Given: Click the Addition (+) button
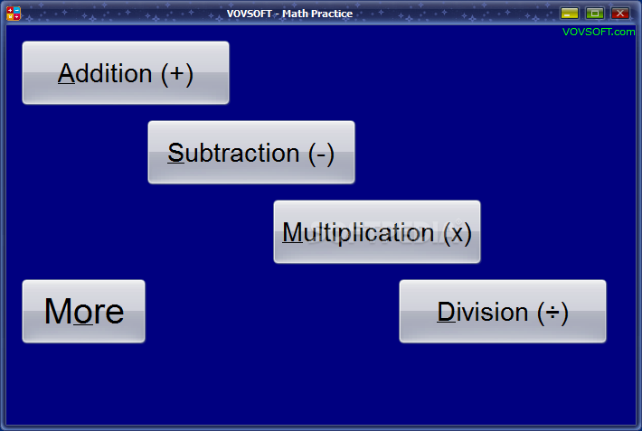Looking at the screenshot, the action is pyautogui.click(x=126, y=72).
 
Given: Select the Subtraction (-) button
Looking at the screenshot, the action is pyautogui.click(x=251, y=153).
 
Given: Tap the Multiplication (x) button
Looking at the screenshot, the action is pyautogui.click(x=377, y=231).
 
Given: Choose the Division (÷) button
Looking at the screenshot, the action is pyautogui.click(x=503, y=311).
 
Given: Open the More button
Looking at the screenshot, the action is pyautogui.click(x=83, y=311).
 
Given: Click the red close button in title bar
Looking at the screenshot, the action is pyautogui.click(x=620, y=13).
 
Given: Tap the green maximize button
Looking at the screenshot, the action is pyautogui.click(x=595, y=13).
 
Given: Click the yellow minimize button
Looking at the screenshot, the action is pyautogui.click(x=570, y=13).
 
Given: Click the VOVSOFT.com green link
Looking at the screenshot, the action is pyautogui.click(x=599, y=32).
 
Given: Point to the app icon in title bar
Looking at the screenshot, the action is pyautogui.click(x=14, y=13).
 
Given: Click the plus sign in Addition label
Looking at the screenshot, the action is pyautogui.click(x=177, y=74).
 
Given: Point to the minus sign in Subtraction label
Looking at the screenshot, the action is pyautogui.click(x=321, y=155).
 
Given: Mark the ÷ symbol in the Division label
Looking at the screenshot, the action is pyautogui.click(x=552, y=314).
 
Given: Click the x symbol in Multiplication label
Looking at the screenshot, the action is pyautogui.click(x=458, y=235).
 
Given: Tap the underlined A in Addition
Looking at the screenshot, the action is pyautogui.click(x=66, y=74).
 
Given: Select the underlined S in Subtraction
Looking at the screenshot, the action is pyautogui.click(x=176, y=154).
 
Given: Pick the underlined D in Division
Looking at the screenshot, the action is pyautogui.click(x=447, y=313).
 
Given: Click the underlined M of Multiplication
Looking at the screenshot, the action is pyautogui.click(x=292, y=233).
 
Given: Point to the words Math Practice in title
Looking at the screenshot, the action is pyautogui.click(x=317, y=14).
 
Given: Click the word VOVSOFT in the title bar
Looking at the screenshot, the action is pyautogui.click(x=250, y=14).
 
